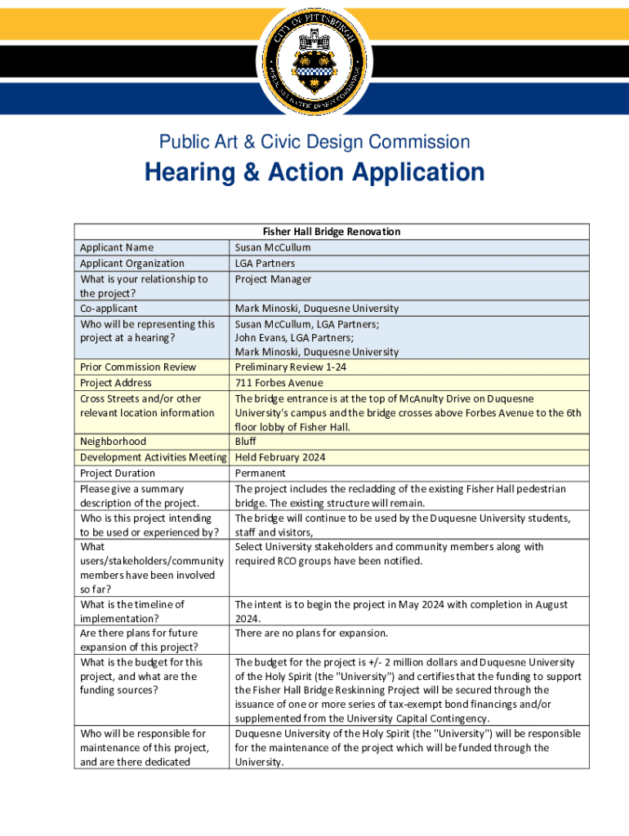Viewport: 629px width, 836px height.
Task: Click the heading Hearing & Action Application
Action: [x=314, y=173]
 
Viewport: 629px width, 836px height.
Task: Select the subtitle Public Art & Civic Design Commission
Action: [x=314, y=142]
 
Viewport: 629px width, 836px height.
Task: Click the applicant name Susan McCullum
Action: [x=273, y=247]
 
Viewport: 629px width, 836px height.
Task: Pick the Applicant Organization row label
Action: [x=132, y=263]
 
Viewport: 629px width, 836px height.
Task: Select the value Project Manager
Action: [x=273, y=279]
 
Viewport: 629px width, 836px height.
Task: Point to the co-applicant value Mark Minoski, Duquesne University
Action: [x=317, y=309]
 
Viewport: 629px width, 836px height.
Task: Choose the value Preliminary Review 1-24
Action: [x=290, y=367]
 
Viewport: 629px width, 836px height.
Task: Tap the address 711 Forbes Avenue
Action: [x=279, y=383]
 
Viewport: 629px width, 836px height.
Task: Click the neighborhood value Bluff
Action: [x=246, y=442]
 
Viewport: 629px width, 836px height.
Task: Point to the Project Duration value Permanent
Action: [x=260, y=474]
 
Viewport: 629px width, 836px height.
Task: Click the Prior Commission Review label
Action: [x=138, y=367]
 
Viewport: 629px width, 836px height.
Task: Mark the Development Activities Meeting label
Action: [x=153, y=458]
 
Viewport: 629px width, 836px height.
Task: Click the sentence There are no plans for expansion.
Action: [x=311, y=634]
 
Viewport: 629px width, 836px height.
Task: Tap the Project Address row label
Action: [x=115, y=383]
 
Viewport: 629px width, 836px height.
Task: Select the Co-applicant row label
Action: [x=109, y=309]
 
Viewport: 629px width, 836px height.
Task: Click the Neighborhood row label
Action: [x=113, y=442]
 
